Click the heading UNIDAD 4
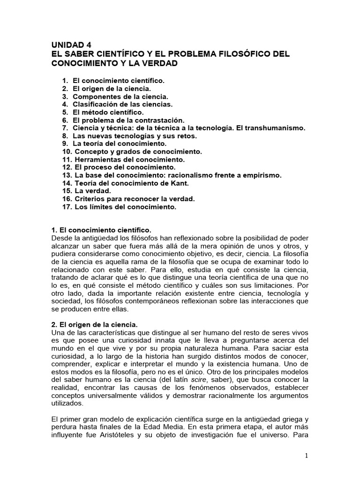tap(71, 45)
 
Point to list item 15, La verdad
tap(92, 191)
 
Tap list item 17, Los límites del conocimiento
tap(125, 207)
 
